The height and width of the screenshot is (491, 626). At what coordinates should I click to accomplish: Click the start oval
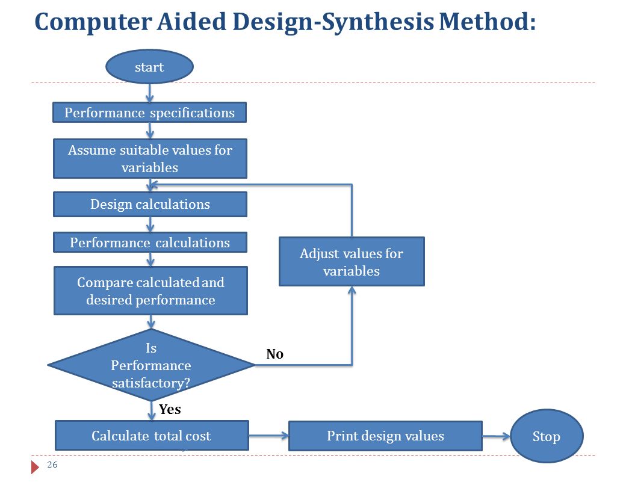[149, 67]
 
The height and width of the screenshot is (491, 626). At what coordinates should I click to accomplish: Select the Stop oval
[547, 436]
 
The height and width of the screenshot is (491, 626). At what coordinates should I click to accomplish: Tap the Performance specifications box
[149, 112]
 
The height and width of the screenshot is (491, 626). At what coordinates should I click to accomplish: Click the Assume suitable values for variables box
[150, 158]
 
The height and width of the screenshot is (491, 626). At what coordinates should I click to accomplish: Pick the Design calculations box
[150, 205]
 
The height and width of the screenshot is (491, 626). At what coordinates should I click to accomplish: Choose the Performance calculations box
[150, 242]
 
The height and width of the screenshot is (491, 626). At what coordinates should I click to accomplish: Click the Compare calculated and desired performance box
[150, 291]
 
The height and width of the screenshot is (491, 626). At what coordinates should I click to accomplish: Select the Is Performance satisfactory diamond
[151, 365]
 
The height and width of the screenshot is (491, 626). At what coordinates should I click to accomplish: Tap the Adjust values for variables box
[352, 262]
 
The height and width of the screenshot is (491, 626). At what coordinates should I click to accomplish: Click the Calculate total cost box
[152, 436]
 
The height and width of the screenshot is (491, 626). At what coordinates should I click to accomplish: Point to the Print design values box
[385, 436]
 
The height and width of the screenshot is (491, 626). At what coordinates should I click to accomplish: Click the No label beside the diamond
[274, 354]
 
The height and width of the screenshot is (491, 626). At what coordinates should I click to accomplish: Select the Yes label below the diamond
[170, 409]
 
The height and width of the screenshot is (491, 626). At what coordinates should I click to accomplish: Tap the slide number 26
[52, 465]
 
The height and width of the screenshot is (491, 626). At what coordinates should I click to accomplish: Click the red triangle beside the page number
[35, 467]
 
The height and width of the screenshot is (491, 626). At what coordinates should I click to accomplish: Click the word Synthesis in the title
[377, 22]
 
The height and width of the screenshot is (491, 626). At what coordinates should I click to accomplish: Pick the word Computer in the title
[93, 22]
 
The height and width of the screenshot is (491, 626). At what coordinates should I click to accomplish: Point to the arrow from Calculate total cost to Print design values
[268, 436]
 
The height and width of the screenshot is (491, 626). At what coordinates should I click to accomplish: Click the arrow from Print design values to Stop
[496, 436]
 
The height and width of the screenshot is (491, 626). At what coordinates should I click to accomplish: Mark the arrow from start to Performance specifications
[150, 93]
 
